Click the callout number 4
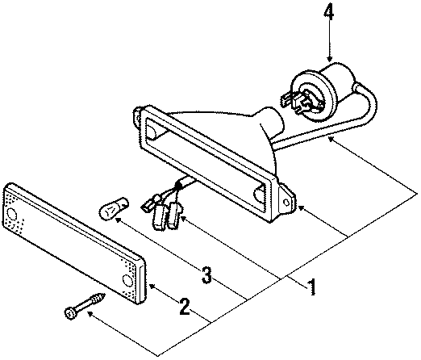(329, 14)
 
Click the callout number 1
(311, 287)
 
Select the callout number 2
(185, 306)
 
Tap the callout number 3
(206, 275)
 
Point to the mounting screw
(85, 305)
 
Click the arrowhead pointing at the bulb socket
(330, 58)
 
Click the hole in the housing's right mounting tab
(286, 202)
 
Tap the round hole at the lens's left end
(11, 214)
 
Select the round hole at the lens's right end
(127, 280)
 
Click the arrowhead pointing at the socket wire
(331, 139)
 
